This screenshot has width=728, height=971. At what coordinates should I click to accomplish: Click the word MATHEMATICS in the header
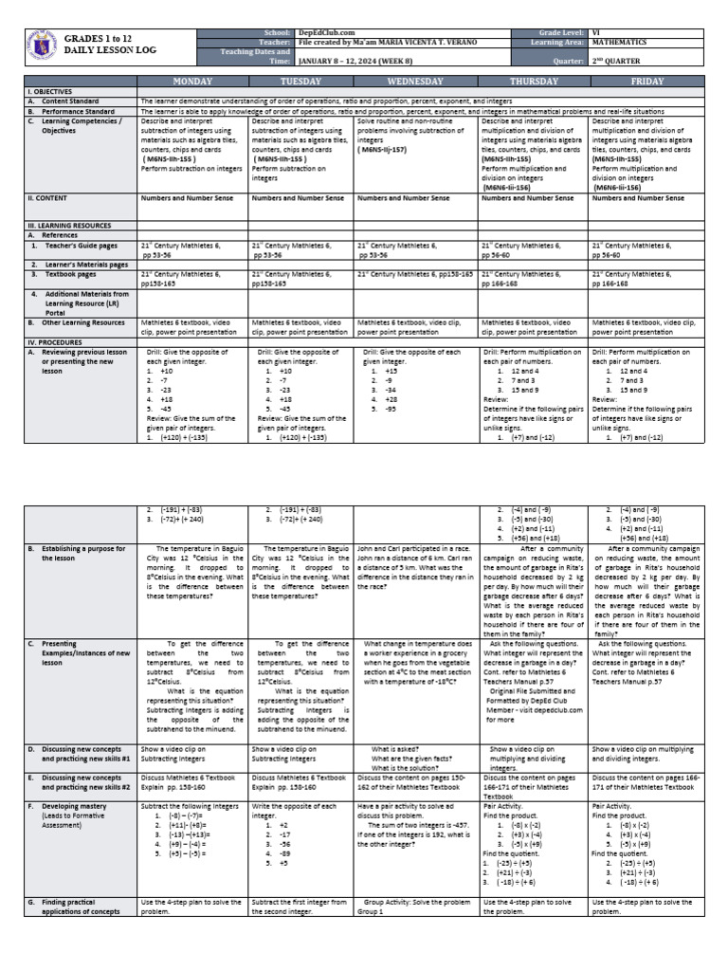(619, 43)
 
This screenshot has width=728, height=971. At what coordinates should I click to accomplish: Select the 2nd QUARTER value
(618, 59)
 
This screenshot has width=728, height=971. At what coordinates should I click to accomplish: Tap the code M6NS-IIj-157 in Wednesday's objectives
(384, 149)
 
